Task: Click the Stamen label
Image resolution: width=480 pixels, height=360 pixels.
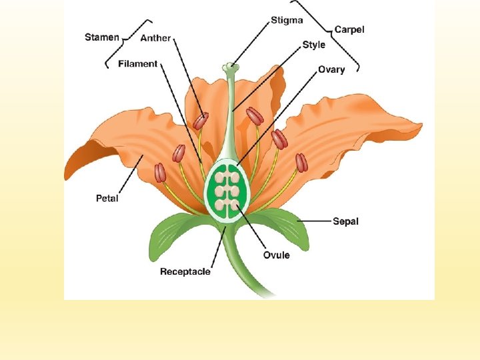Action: click(102, 37)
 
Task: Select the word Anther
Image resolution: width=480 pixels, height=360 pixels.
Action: click(155, 38)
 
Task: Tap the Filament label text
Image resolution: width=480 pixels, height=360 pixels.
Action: click(138, 64)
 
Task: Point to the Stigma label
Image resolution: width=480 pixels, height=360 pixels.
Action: click(287, 20)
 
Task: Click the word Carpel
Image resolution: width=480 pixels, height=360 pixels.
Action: click(349, 29)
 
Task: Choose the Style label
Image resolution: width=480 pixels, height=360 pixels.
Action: click(314, 45)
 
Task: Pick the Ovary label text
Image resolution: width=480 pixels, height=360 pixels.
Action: click(331, 69)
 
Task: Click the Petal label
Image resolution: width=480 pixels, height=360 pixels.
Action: click(107, 198)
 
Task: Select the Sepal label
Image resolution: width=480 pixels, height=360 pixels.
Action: click(345, 221)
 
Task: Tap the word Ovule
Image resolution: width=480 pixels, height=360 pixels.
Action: click(276, 255)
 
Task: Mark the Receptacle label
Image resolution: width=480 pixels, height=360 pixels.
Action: click(185, 271)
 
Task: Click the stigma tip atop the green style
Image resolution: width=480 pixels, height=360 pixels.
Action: click(230, 66)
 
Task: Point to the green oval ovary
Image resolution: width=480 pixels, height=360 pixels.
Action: click(227, 190)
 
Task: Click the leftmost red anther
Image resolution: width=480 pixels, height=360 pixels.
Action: click(160, 173)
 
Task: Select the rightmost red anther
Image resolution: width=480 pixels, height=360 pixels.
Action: click(302, 162)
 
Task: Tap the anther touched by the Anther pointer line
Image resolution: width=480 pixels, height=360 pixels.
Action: click(201, 121)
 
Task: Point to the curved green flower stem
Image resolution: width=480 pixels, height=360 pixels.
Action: click(243, 267)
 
